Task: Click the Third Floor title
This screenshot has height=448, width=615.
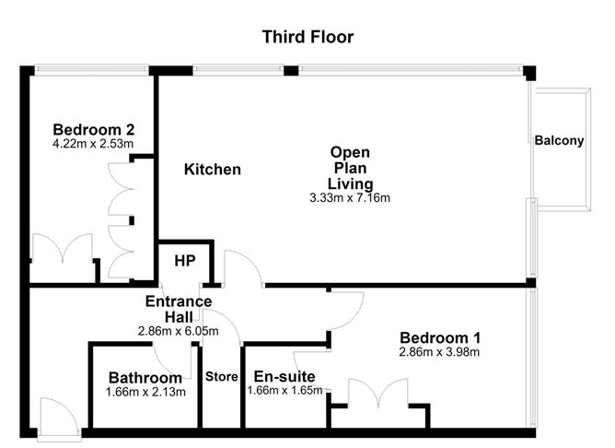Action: coord(307,37)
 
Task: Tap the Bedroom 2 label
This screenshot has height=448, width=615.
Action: coord(94,130)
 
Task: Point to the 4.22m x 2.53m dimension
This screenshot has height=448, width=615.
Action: coord(93,143)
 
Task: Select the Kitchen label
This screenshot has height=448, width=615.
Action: coord(213,170)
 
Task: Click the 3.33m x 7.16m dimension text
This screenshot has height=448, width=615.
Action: coord(350,197)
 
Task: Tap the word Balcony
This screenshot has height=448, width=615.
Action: coord(560,140)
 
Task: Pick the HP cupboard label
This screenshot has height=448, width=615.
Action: coord(185,261)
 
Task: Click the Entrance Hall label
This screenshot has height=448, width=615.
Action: coord(179,309)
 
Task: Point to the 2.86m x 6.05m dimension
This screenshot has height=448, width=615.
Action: coord(179,331)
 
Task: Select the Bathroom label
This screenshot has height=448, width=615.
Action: coord(145,378)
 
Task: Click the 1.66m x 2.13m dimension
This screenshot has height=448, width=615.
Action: coord(145,392)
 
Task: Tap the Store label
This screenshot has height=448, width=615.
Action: coord(222,376)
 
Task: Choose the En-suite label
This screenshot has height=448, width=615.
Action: coord(284,376)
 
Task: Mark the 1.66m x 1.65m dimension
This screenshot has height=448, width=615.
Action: coord(285,390)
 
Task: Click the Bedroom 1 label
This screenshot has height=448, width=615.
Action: coord(440,337)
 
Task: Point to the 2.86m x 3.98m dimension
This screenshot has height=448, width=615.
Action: coord(439,352)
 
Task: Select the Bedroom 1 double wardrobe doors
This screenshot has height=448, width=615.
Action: coord(378,393)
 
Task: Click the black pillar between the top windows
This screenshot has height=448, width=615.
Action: coord(291,71)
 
